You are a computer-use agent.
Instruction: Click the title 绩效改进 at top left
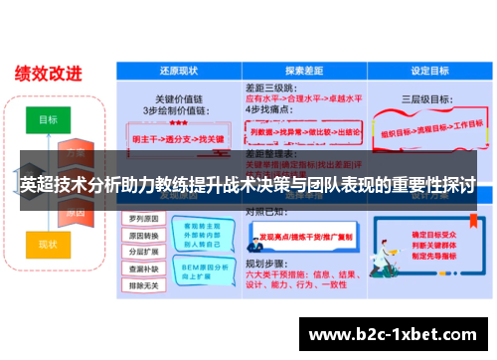tap(47, 72)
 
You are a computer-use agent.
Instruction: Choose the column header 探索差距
tap(301, 72)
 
